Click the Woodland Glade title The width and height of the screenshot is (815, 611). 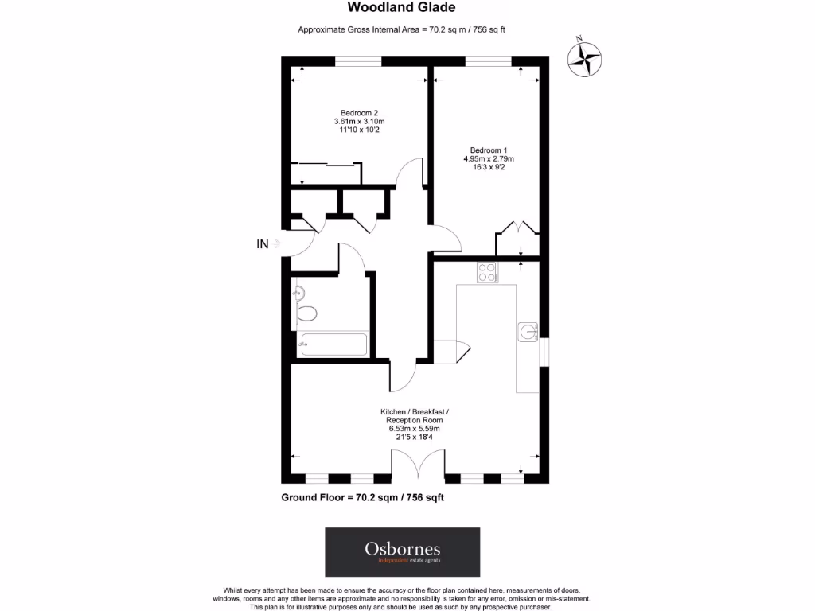(x=402, y=8)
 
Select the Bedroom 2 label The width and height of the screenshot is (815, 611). (x=359, y=112)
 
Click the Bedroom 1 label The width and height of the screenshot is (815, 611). (x=488, y=150)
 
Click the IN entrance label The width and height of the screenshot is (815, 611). (x=263, y=244)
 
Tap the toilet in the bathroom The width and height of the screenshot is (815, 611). (x=306, y=313)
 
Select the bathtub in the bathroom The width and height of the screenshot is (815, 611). (x=332, y=345)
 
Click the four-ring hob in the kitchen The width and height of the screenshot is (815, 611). (x=486, y=273)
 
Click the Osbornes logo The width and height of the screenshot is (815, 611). (x=402, y=552)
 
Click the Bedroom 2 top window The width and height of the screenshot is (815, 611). (x=358, y=61)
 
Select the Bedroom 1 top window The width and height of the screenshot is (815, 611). (x=488, y=61)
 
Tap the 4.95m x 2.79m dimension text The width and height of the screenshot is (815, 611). (x=488, y=159)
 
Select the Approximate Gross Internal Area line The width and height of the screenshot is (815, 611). (x=402, y=29)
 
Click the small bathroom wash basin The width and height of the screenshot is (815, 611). (x=298, y=293)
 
